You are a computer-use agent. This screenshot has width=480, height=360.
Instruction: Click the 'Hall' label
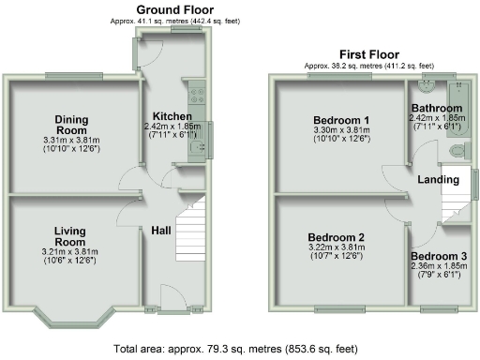point(160,230)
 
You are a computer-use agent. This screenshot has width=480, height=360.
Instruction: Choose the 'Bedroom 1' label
point(339,120)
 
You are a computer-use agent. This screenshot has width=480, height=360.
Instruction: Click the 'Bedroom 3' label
point(438,256)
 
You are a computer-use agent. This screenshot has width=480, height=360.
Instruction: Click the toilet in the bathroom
point(457,150)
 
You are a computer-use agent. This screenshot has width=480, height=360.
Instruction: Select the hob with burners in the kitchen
point(199,93)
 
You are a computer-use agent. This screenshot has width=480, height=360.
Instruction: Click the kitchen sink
point(197,145)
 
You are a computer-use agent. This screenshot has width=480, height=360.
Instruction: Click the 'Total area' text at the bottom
point(235,348)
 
